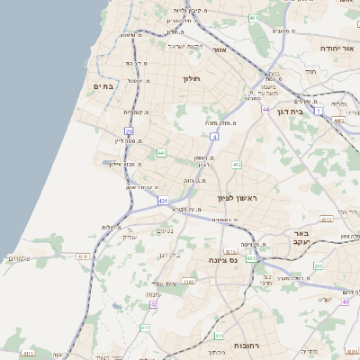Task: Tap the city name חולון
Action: point(193,79)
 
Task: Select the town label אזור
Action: point(219,50)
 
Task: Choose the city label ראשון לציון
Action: point(238,197)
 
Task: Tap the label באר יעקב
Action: point(301,238)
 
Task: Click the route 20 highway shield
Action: point(130,131)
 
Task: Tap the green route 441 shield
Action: point(161,154)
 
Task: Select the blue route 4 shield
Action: point(213,136)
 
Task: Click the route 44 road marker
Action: point(265,109)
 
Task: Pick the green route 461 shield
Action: point(254,18)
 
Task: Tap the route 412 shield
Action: point(237,165)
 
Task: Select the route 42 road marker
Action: point(154,304)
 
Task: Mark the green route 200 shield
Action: point(318,266)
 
